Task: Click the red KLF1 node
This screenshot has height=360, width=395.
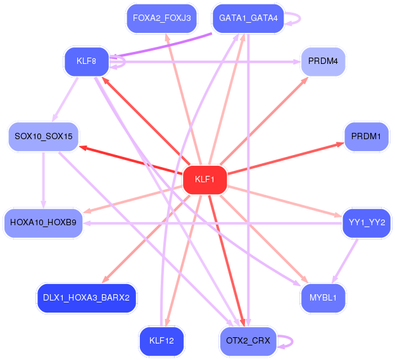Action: (204, 180)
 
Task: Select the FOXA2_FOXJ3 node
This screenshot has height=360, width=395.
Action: (162, 18)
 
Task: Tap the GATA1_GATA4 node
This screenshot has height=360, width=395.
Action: (248, 18)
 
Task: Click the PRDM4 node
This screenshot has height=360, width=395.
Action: (323, 61)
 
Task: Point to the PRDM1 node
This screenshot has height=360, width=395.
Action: (366, 136)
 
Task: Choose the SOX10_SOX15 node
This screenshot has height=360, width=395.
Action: (43, 136)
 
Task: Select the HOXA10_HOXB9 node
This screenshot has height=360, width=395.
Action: (43, 223)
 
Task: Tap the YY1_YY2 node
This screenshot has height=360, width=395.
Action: (367, 223)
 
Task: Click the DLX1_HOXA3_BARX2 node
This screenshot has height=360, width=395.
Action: (86, 297)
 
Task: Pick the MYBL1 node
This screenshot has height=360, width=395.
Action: (323, 297)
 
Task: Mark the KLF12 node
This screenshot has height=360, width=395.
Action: (161, 341)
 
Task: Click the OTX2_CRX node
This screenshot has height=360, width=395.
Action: (248, 341)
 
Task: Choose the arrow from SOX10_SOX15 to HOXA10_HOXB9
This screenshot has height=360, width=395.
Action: (43, 180)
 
